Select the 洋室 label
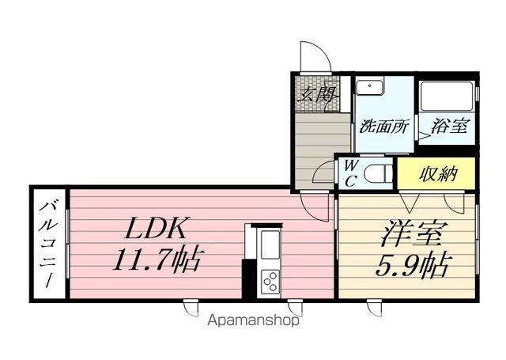(412, 235)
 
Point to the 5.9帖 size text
(411, 263)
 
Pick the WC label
(350, 172)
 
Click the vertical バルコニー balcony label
(48, 245)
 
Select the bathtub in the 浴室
(447, 96)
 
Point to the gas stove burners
(270, 281)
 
